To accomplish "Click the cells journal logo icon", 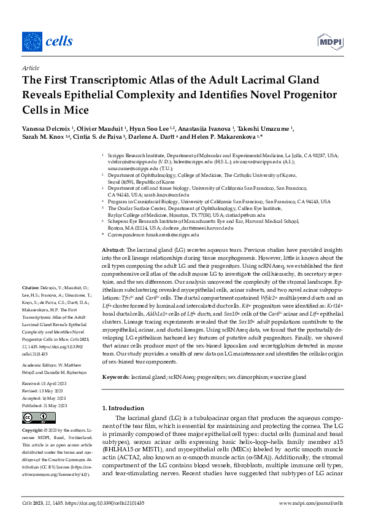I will [32, 42].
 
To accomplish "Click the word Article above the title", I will [30, 69].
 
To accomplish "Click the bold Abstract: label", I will [113, 251].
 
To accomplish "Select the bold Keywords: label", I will [117, 375].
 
